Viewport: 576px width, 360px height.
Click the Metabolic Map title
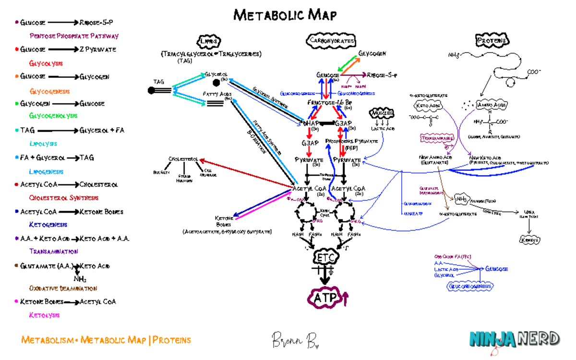pyautogui.click(x=285, y=15)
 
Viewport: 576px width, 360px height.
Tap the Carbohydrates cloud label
pyautogui.click(x=331, y=41)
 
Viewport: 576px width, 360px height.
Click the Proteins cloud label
pyautogui.click(x=492, y=41)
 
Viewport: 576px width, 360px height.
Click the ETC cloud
pyautogui.click(x=326, y=257)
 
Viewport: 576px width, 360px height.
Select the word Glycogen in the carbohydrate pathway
pyautogui.click(x=372, y=54)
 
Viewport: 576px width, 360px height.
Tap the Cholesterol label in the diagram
pyautogui.click(x=183, y=159)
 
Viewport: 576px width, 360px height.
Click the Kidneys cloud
pyautogui.click(x=529, y=240)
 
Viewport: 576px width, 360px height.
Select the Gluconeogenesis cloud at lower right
pyautogui.click(x=470, y=287)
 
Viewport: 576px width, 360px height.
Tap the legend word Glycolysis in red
pyautogui.click(x=46, y=63)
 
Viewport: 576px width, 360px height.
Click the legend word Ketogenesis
pyautogui.click(x=48, y=225)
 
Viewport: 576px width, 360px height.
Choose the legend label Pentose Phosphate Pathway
pyautogui.click(x=74, y=36)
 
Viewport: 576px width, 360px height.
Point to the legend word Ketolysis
pyautogui.click(x=44, y=315)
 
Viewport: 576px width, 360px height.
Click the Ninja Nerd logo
pyautogui.click(x=514, y=339)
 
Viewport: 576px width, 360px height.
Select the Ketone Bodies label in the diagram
pyautogui.click(x=224, y=221)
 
